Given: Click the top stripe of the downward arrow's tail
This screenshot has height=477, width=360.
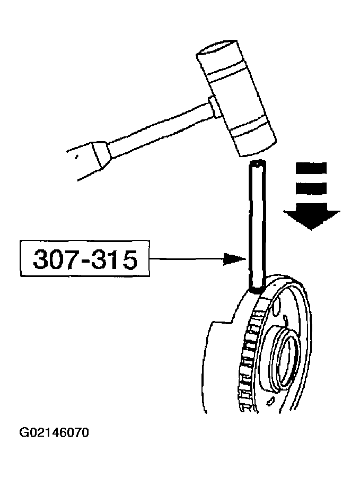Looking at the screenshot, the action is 311,169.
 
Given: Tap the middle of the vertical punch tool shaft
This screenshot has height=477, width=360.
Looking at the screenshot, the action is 257,226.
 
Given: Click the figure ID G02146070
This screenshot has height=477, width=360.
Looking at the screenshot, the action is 54,433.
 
